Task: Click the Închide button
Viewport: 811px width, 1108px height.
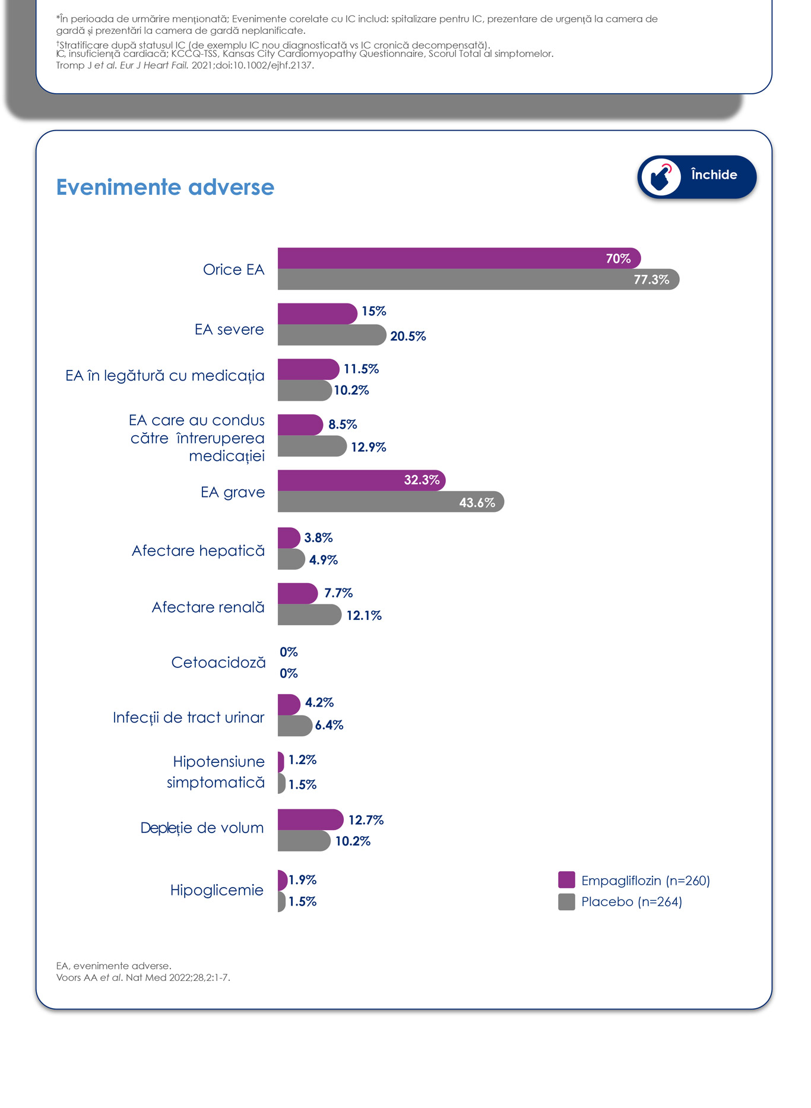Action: click(696, 176)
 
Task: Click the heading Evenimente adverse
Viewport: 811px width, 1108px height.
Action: click(165, 187)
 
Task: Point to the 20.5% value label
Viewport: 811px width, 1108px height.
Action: click(408, 336)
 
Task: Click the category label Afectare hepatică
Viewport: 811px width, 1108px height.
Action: click(198, 551)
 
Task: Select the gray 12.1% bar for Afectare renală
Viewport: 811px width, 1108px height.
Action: click(309, 615)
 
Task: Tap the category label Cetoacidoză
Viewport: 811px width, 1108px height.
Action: click(218, 663)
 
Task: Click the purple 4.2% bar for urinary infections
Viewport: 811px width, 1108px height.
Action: click(289, 705)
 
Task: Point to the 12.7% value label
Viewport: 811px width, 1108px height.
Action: click(366, 820)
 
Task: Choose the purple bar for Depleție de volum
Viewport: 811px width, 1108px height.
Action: click(310, 820)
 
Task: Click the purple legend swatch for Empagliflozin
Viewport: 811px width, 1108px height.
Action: click(566, 880)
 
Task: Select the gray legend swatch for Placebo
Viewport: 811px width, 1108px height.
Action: click(566, 902)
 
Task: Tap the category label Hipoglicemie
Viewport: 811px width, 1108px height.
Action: click(217, 890)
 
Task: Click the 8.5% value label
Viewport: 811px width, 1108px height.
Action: click(343, 425)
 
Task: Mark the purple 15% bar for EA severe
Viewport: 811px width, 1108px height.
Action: click(316, 314)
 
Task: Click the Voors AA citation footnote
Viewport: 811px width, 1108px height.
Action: click(143, 977)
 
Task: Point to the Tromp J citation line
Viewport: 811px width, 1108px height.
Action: click(185, 65)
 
